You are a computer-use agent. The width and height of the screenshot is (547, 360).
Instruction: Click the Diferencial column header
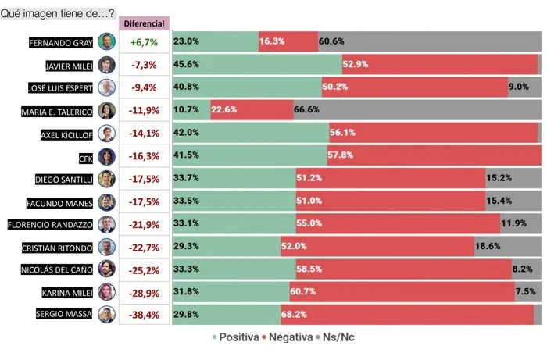tap(145, 23)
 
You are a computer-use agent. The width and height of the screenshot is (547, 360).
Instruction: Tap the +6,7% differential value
tap(145, 42)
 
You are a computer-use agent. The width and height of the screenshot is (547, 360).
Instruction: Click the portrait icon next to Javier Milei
tap(107, 65)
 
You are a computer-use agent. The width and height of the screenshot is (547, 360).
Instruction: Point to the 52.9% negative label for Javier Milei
tap(356, 64)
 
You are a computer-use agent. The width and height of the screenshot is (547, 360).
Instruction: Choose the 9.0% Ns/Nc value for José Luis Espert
tap(519, 87)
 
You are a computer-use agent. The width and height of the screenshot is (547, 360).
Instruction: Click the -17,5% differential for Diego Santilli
tap(145, 179)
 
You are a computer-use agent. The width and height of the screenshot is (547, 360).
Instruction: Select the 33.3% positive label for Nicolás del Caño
tap(187, 269)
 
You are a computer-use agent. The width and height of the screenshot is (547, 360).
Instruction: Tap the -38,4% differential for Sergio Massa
tap(145, 315)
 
